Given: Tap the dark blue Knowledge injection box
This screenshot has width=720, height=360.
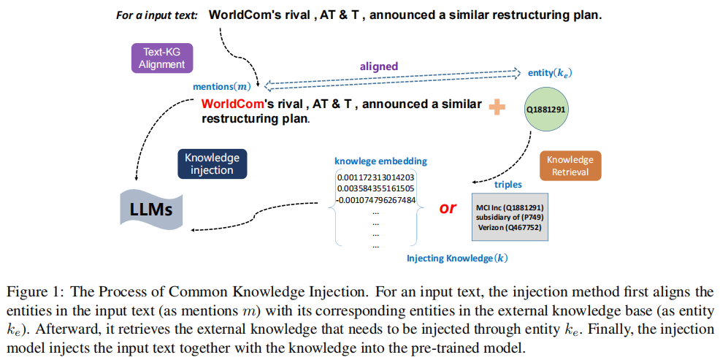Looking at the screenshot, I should pos(212,164).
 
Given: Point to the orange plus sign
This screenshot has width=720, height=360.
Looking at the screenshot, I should pos(497,107).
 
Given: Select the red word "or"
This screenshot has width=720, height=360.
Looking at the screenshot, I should pos(448,207).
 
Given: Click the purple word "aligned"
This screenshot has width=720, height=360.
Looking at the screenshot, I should pos(378,66).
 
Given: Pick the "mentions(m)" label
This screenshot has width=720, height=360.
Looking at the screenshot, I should pos(222,86).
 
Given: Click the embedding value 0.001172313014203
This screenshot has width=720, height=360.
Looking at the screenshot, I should pos(376,177).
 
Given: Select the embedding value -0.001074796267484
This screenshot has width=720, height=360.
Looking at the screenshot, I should pos(376,199).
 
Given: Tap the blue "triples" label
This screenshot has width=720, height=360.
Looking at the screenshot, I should pos(509,185).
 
